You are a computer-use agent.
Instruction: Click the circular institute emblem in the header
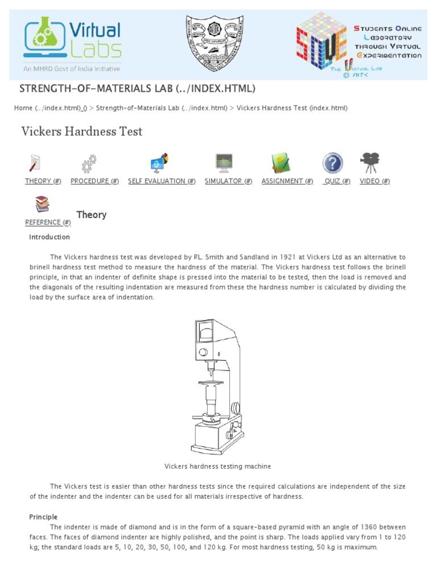pyautogui.click(x=215, y=43)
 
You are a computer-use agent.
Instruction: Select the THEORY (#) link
pyautogui.click(x=43, y=181)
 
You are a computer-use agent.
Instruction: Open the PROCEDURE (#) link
pyautogui.click(x=94, y=181)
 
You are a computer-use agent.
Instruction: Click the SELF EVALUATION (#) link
pyautogui.click(x=162, y=181)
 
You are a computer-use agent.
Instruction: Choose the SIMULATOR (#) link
pyautogui.click(x=228, y=181)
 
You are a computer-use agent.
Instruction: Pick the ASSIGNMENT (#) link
pyautogui.click(x=287, y=181)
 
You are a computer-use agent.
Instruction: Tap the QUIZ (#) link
pyautogui.click(x=336, y=181)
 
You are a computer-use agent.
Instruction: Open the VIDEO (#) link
pyautogui.click(x=374, y=181)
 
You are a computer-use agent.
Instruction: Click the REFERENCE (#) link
pyautogui.click(x=48, y=223)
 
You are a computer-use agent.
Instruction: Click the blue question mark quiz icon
pyautogui.click(x=333, y=163)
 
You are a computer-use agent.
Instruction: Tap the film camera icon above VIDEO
pyautogui.click(x=370, y=163)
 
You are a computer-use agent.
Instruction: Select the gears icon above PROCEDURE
pyautogui.click(x=89, y=164)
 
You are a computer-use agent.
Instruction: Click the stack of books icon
pyautogui.click(x=43, y=204)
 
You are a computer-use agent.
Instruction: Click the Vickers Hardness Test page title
pyautogui.click(x=82, y=132)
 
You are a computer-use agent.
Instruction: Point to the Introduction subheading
pyautogui.click(x=50, y=237)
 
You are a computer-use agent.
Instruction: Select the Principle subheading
pyautogui.click(x=43, y=517)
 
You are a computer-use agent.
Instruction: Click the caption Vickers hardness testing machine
pyautogui.click(x=218, y=466)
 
